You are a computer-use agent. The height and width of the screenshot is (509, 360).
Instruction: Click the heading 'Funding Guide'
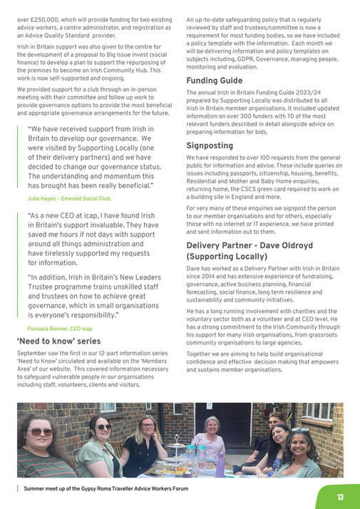214,81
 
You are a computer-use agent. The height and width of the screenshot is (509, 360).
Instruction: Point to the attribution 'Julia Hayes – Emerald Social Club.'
69,198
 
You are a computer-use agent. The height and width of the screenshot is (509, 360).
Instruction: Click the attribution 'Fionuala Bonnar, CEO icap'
60,328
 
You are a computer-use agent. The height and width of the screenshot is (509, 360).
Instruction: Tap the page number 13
341,497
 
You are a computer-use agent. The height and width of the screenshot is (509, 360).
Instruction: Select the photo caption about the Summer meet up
105,490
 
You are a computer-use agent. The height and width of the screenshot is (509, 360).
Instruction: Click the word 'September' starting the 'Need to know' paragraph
32,354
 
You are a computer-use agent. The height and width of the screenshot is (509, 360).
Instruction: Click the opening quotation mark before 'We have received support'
29,130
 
